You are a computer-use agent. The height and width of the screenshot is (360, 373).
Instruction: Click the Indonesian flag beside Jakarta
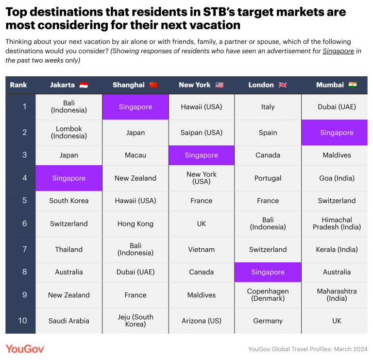[84, 85]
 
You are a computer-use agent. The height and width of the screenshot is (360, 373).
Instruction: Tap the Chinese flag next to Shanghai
[153, 85]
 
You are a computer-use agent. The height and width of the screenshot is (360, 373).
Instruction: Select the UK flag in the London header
[283, 85]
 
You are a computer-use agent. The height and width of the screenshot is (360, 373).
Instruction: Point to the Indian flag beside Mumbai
[353, 85]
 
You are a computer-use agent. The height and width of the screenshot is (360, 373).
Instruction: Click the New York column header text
[194, 85]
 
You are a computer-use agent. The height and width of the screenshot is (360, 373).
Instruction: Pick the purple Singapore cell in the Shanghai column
[136, 107]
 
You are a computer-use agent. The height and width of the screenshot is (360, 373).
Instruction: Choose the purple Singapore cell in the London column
[268, 272]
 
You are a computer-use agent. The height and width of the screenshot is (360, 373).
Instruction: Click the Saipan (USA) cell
[202, 133]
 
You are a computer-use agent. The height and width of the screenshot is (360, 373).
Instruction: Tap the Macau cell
[136, 155]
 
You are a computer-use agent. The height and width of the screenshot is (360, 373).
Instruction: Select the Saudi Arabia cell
[69, 321]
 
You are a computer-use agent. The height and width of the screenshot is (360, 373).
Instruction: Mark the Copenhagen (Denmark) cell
[268, 294]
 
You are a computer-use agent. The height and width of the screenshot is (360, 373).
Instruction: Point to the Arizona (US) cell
[202, 321]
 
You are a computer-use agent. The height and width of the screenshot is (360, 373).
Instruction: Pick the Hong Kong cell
[136, 223]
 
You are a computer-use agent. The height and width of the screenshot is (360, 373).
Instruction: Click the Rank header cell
[18, 85]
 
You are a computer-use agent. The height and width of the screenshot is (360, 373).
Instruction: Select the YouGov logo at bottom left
[25, 348]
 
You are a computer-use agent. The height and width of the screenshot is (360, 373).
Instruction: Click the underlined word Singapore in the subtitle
[338, 51]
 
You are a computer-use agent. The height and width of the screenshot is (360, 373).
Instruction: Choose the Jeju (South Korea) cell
[136, 321]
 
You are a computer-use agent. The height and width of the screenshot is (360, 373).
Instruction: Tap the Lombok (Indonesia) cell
[69, 132]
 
